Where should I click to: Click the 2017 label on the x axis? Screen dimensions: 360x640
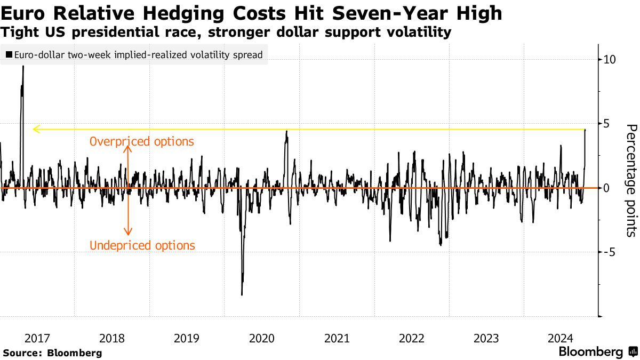[37, 338]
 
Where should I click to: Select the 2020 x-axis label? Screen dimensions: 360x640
[262, 338]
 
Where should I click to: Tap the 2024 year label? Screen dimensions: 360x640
[562, 338]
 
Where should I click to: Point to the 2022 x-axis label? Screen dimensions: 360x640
[412, 338]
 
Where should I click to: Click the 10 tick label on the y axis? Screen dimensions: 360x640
[610, 60]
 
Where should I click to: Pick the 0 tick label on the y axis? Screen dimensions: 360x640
[607, 188]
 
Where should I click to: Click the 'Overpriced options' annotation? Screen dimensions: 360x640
[141, 142]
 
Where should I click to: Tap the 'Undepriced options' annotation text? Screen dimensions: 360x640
[142, 246]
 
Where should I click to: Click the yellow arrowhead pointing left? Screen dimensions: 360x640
[36, 129]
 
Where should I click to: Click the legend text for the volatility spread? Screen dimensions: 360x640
[139, 55]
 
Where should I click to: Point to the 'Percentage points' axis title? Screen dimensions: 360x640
[631, 180]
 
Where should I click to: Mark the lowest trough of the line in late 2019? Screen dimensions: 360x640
[242, 294]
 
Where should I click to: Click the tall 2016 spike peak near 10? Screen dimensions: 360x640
[23, 66]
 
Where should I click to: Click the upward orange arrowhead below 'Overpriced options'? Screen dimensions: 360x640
[127, 148]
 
